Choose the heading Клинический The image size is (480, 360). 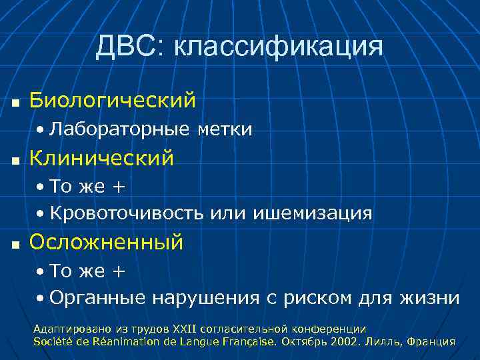(101, 158)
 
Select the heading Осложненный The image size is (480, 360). (106, 242)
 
